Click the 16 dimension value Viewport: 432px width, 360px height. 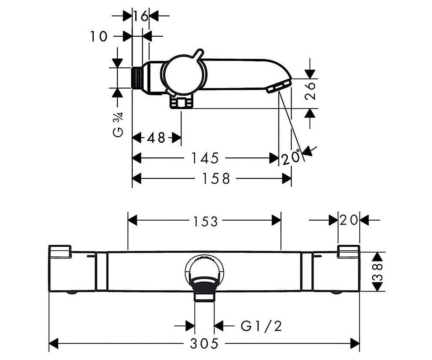(x=141, y=16)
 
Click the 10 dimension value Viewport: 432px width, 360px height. (x=99, y=36)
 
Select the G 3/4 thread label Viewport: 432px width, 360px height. (x=118, y=124)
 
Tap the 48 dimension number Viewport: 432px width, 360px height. (x=156, y=138)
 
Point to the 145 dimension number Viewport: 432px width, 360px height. (x=205, y=158)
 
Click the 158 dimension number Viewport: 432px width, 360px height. (x=216, y=179)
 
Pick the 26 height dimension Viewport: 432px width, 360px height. (x=310, y=91)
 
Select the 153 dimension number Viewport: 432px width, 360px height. (x=205, y=221)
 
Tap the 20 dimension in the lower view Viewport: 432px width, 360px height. (x=348, y=220)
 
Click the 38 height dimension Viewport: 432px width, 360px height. (x=378, y=271)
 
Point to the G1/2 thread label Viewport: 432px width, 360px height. (x=261, y=326)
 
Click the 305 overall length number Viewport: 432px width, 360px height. (x=204, y=343)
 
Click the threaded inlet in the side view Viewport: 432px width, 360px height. (x=137, y=78)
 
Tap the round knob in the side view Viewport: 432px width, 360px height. (x=184, y=75)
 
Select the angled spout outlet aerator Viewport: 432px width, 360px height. (x=279, y=87)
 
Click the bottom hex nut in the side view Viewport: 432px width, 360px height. (x=181, y=102)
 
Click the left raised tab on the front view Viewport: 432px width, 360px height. (x=60, y=252)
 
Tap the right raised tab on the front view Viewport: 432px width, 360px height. (x=348, y=252)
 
